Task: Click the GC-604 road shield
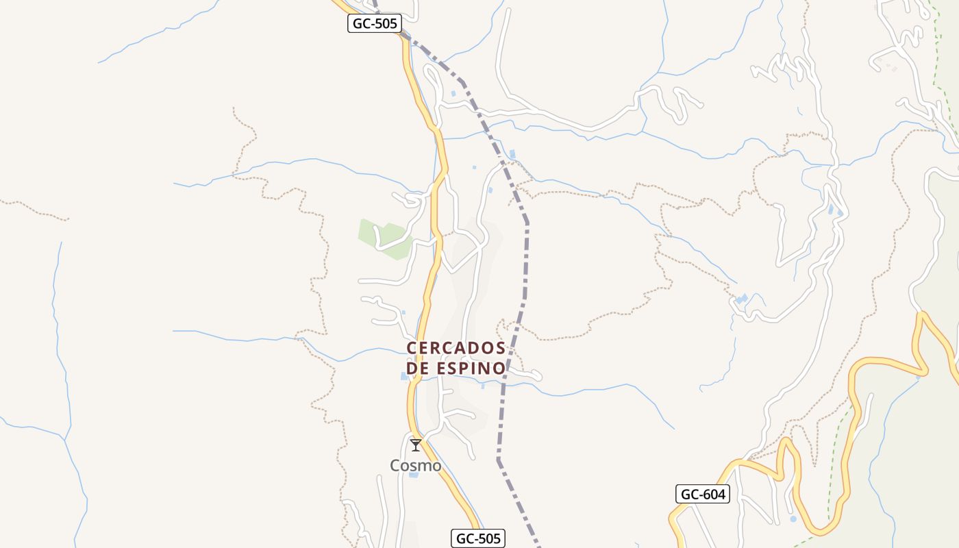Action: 703,494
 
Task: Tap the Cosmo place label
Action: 416,466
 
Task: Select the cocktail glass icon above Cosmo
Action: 416,445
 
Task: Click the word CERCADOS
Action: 456,348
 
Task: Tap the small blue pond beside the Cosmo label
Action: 414,475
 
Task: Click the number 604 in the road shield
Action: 714,494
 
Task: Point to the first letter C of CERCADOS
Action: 412,348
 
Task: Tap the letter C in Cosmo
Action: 396,466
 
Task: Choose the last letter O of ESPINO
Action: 499,369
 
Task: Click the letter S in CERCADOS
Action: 500,348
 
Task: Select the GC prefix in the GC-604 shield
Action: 690,494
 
